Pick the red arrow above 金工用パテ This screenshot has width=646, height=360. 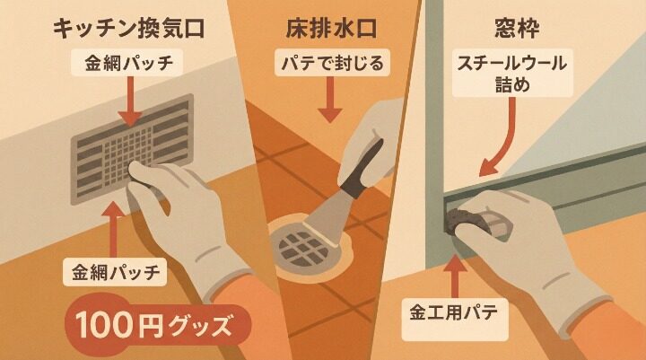click(x=456, y=274)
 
